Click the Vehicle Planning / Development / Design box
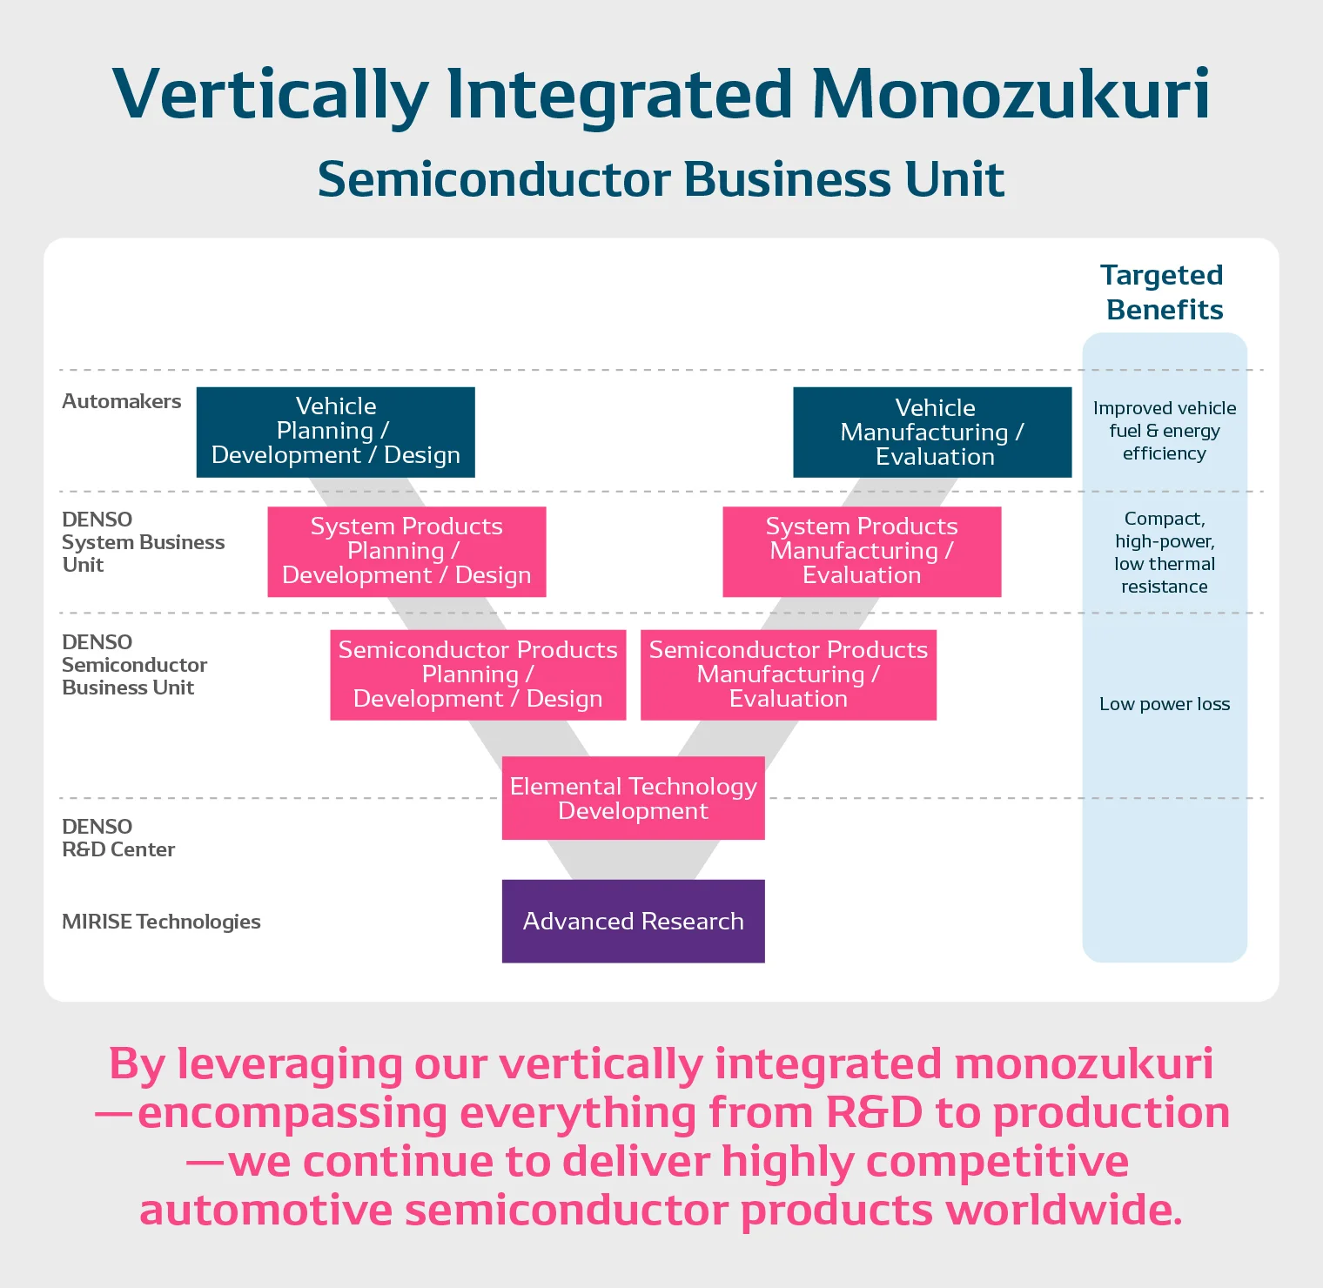pyautogui.click(x=335, y=432)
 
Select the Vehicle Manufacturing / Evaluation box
pyautogui.click(x=932, y=433)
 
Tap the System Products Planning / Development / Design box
pyautogui.click(x=406, y=552)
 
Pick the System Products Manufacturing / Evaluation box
pyautogui.click(x=862, y=552)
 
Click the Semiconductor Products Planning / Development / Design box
pyautogui.click(x=478, y=674)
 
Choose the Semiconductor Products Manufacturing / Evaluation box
pyautogui.click(x=789, y=674)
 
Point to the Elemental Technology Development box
pyautogui.click(x=633, y=798)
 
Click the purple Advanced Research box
pyautogui.click(x=633, y=921)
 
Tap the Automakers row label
pyautogui.click(x=122, y=401)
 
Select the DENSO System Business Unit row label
pyautogui.click(x=143, y=542)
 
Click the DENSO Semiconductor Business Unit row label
pyautogui.click(x=134, y=665)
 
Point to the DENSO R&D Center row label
pyautogui.click(x=118, y=838)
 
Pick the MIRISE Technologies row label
pyautogui.click(x=161, y=922)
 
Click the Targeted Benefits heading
pyautogui.click(x=1164, y=292)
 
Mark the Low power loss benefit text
pyautogui.click(x=1165, y=704)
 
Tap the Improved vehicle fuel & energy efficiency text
pyautogui.click(x=1165, y=431)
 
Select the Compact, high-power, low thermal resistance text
pyautogui.click(x=1165, y=553)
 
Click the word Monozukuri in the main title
pyautogui.click(x=1011, y=93)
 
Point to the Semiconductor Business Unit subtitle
pyautogui.click(x=661, y=179)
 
